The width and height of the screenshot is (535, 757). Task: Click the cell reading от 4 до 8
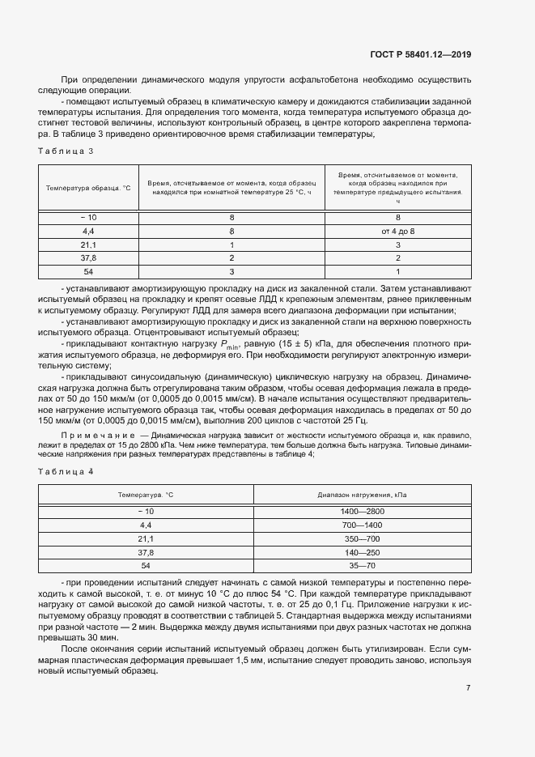[397, 231]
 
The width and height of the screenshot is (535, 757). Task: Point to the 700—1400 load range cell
[362, 525]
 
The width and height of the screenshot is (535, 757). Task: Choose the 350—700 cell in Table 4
[362, 538]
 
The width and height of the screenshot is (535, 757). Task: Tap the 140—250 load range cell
[362, 551]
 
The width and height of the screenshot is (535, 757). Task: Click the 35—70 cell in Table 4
[362, 564]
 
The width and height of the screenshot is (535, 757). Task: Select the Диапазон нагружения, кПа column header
[362, 494]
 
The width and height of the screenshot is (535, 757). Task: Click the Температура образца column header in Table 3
[88, 187]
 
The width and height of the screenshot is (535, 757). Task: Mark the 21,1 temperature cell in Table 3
[88, 244]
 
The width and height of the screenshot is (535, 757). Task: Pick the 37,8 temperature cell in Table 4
[146, 551]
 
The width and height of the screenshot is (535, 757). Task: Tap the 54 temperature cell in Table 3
[88, 270]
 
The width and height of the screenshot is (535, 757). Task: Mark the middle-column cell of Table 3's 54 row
[231, 270]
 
